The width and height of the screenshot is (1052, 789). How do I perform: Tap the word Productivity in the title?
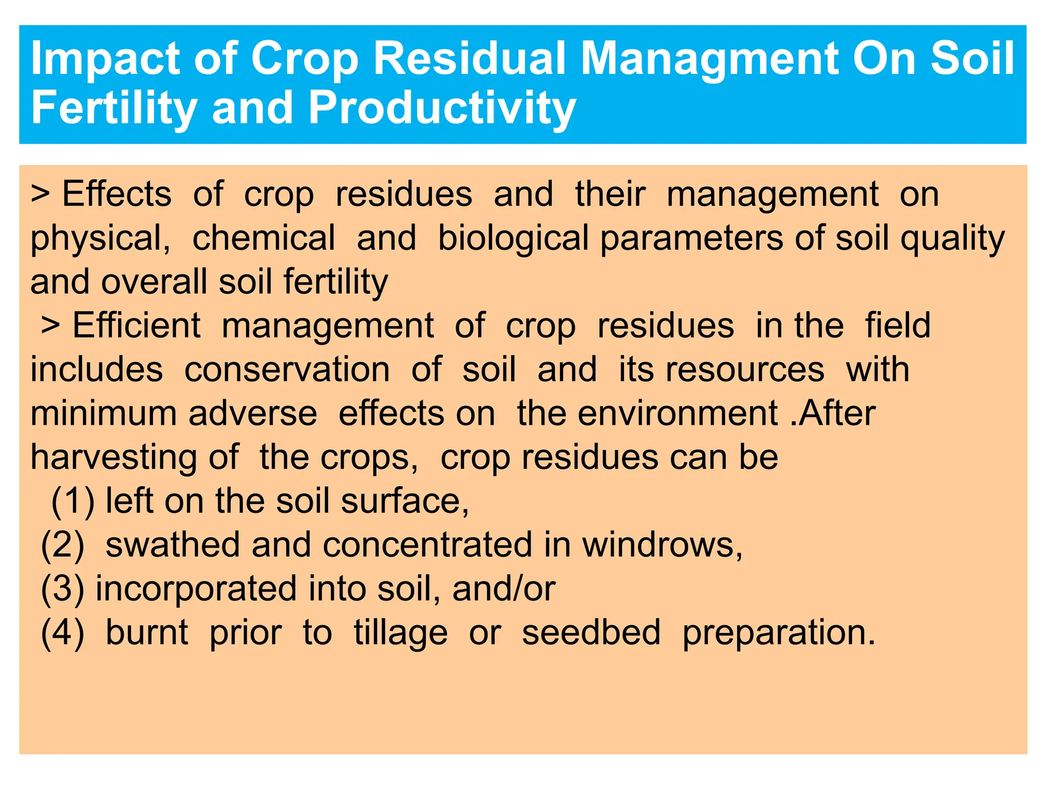click(442, 109)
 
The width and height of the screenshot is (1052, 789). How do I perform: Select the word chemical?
click(264, 239)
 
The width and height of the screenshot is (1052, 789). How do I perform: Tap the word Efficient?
click(136, 326)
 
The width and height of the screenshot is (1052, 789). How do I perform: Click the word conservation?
click(287, 370)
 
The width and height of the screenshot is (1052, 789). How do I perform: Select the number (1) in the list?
click(73, 501)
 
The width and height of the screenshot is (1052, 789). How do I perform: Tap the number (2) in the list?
click(63, 545)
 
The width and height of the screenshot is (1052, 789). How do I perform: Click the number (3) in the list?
click(63, 589)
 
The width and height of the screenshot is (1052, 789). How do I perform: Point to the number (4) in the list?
click(63, 632)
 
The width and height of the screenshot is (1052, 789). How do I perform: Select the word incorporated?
click(196, 589)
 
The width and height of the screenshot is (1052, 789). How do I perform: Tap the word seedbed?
click(591, 632)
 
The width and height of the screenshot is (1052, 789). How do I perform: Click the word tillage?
click(400, 632)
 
